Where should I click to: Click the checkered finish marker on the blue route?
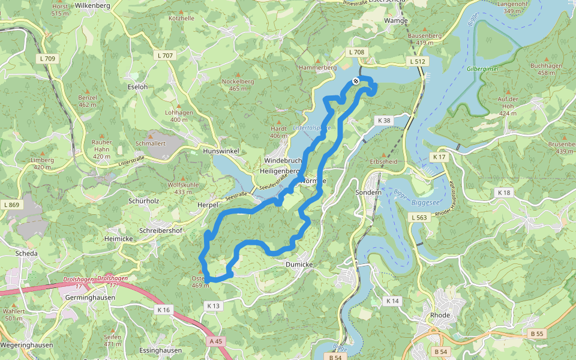(x=356, y=81)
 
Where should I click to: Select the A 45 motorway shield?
(x=216, y=341)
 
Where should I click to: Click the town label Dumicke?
(x=299, y=263)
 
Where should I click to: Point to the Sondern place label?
(x=368, y=193)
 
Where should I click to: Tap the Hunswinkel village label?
(x=221, y=152)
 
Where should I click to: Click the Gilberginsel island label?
(x=482, y=69)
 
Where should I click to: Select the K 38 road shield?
(x=385, y=121)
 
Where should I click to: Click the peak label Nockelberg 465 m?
(x=238, y=85)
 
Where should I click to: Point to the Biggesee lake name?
(x=425, y=202)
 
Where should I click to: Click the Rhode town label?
(x=440, y=315)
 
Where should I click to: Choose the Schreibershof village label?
(x=160, y=230)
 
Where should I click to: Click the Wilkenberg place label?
(x=92, y=5)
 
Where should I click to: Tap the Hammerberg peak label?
(x=317, y=68)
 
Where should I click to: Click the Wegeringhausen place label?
(x=26, y=345)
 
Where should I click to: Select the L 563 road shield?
(x=419, y=218)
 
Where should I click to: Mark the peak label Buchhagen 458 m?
(x=546, y=69)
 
